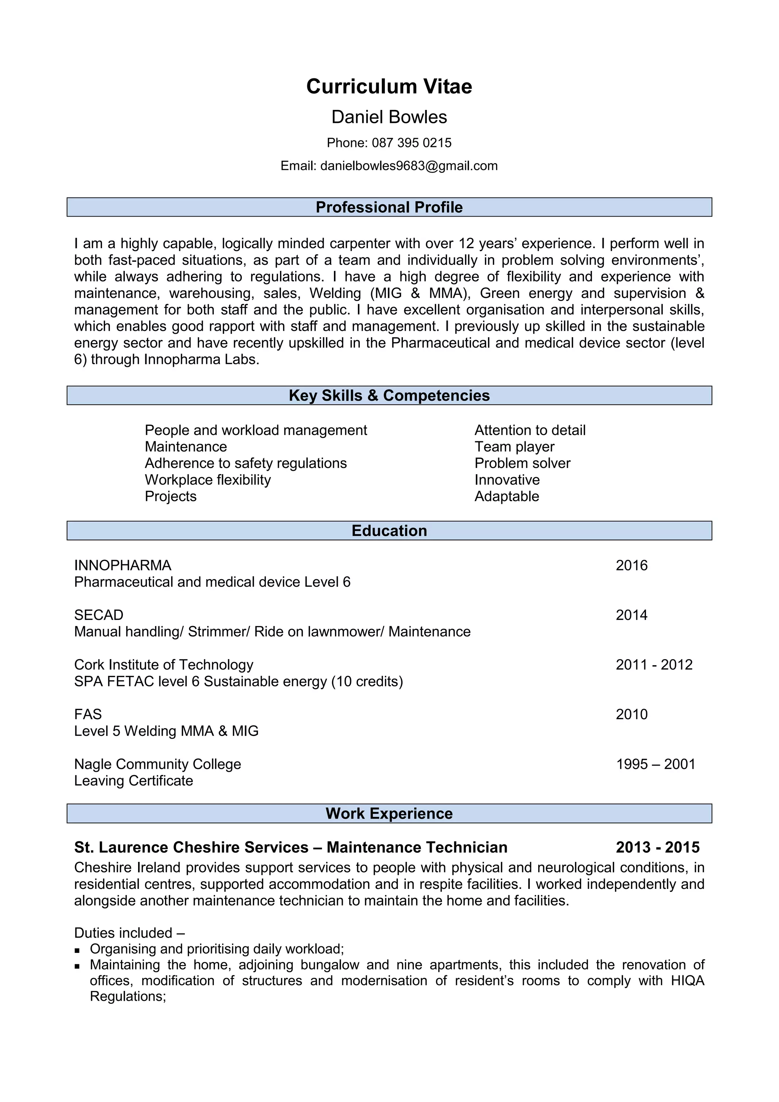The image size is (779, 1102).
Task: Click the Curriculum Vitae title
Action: click(389, 87)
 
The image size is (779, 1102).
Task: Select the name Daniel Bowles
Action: click(389, 117)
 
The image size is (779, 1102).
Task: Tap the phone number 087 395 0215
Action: click(411, 143)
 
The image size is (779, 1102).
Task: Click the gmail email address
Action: click(409, 166)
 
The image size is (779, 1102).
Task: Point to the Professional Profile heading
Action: click(389, 207)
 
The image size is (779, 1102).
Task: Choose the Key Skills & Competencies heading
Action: click(389, 395)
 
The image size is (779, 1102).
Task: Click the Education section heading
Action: click(389, 531)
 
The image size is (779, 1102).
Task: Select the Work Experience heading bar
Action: click(389, 814)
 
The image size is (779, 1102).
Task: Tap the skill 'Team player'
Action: click(514, 447)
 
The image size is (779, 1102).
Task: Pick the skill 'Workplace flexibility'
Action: click(208, 480)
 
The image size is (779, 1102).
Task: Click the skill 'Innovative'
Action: click(507, 480)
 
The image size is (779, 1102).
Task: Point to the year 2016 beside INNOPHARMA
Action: click(631, 565)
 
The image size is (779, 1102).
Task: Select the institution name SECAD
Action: click(99, 615)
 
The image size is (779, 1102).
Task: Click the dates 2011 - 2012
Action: click(654, 665)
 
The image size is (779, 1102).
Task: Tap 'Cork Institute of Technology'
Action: click(164, 665)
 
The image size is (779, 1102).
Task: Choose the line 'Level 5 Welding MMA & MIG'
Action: click(166, 731)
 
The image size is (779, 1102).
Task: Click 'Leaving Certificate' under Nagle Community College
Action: click(134, 781)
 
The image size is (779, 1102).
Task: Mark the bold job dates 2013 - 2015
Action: click(657, 847)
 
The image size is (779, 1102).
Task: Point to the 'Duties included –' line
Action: click(129, 933)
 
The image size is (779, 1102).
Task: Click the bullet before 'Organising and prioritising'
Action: click(77, 950)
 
